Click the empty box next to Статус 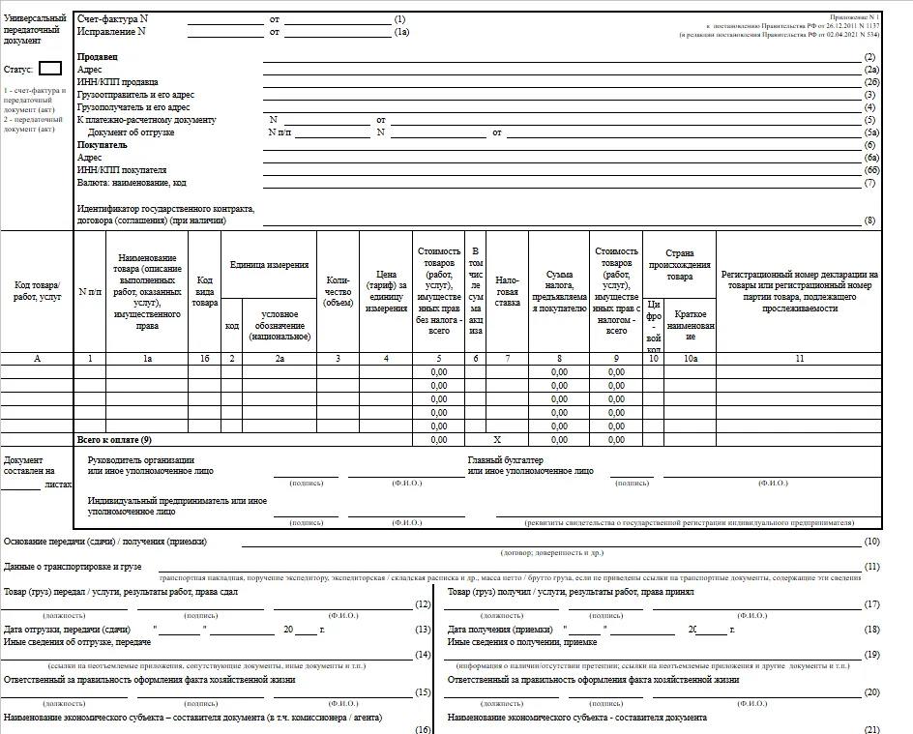50,69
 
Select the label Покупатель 103,144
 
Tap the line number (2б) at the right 870,82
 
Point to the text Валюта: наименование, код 132,182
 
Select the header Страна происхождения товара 679,264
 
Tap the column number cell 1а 147,359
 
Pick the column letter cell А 37,359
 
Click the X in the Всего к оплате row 497,439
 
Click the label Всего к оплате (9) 114,439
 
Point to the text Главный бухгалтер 505,459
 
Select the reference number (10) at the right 871,542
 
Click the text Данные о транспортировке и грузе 74,566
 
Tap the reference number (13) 422,630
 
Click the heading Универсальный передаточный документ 36,30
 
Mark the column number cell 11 799,359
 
